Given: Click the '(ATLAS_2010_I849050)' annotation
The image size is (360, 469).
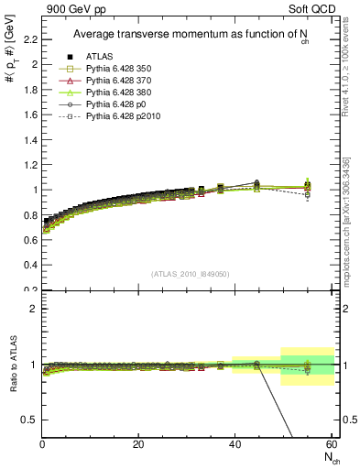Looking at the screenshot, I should pos(190,274).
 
